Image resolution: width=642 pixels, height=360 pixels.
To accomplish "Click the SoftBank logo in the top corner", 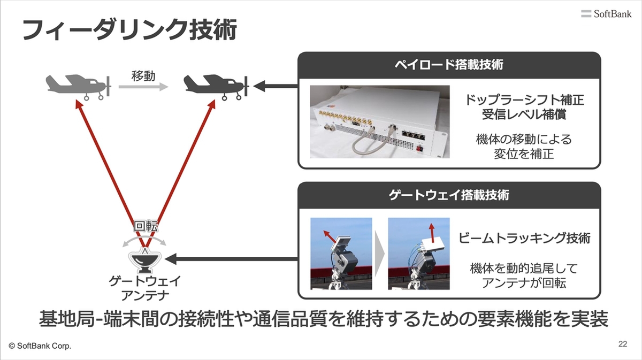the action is (606, 14).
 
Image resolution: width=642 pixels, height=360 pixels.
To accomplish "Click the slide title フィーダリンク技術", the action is (129, 29).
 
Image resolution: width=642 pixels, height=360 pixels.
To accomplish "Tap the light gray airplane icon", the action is (78, 87).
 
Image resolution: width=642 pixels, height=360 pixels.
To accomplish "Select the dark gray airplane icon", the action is (216, 87).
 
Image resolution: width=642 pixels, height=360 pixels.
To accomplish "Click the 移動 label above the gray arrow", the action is (143, 76).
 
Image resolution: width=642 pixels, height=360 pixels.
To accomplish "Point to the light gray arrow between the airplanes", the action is (143, 87).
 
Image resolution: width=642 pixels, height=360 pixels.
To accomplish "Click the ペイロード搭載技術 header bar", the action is (449, 65).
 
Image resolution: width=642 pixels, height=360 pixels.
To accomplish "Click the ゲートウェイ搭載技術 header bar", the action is (449, 195).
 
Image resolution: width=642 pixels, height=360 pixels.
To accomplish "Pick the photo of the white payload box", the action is (380, 121).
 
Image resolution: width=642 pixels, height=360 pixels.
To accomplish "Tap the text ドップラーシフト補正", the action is (524, 100).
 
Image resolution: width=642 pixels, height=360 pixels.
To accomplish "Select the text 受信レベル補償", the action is (524, 114).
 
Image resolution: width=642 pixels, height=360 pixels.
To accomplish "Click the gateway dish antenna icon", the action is (145, 261).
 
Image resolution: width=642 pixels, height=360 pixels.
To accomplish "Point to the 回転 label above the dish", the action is (146, 226).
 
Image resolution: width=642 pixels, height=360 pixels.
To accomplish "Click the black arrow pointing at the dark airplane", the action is (276, 86).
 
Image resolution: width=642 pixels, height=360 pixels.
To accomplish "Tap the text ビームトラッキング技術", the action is (524, 238).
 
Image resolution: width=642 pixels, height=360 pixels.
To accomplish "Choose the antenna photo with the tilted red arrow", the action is (341, 254).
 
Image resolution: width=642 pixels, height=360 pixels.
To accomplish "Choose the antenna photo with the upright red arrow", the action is (419, 254).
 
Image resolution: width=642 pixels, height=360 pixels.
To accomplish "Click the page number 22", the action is (623, 344).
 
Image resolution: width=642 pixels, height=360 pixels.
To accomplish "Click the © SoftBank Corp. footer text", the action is (40, 346).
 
